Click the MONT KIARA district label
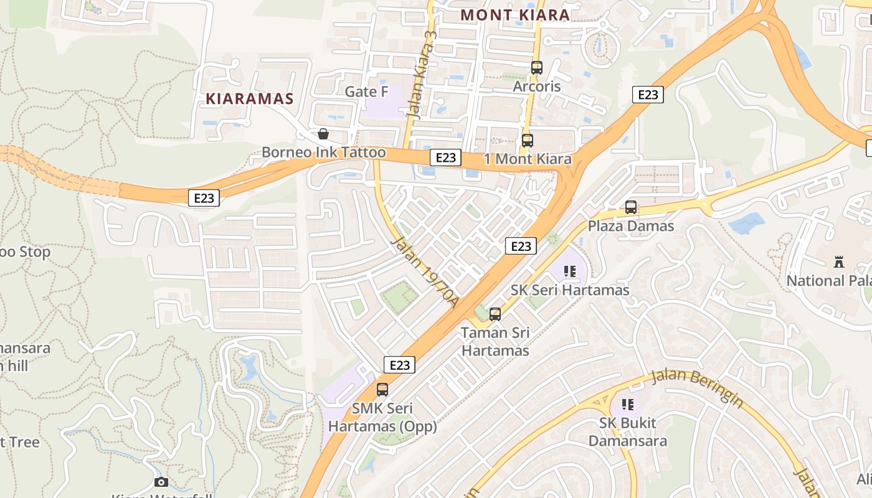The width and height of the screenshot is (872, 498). [515, 15]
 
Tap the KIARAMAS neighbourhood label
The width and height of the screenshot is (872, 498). [249, 98]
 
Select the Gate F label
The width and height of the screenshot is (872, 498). [366, 92]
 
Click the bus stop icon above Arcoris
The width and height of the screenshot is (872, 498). [536, 68]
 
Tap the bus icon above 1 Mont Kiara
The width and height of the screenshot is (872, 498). [528, 141]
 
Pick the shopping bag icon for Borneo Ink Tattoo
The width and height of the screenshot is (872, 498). [323, 134]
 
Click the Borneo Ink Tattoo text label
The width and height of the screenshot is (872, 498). [323, 153]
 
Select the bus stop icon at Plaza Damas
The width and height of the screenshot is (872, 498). [631, 207]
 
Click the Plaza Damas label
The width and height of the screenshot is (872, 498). [631, 226]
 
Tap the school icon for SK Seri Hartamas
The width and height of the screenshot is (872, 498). [569, 271]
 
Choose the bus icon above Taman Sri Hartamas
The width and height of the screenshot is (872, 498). [495, 314]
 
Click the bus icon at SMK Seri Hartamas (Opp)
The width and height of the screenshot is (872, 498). [382, 390]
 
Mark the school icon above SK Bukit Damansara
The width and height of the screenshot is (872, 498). [627, 405]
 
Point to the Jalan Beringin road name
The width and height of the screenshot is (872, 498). [697, 388]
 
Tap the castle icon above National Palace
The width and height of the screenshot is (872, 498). [839, 263]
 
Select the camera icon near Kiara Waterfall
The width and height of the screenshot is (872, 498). [161, 482]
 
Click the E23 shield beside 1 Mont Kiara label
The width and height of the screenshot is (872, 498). [445, 158]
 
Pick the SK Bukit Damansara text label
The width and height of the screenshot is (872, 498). [627, 432]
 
